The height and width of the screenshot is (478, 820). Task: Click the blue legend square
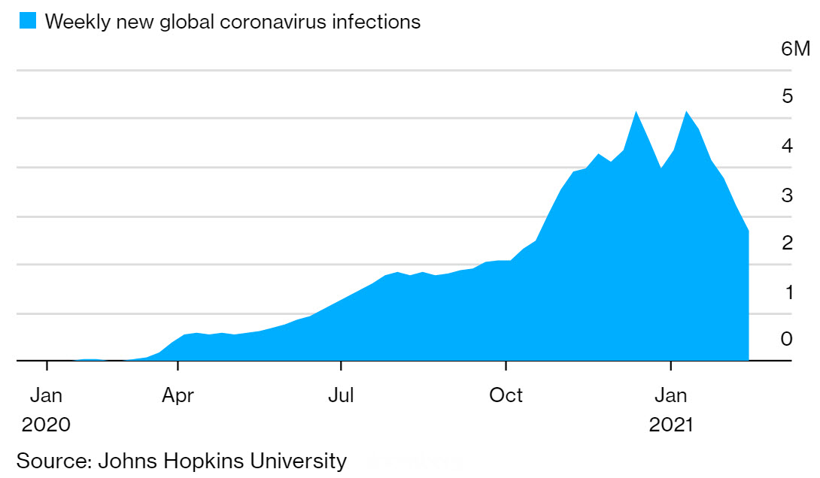[26, 21]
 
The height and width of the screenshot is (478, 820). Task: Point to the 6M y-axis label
[795, 50]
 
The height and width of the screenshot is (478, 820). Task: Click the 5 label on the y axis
[787, 96]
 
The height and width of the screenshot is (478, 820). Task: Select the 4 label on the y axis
[787, 146]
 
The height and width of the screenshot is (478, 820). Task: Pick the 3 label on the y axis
[787, 195]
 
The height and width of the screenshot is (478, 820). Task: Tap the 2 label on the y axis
[787, 243]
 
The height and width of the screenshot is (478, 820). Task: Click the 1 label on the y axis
[787, 292]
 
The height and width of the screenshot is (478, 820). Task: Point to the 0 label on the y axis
[787, 339]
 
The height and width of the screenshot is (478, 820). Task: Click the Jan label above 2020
[46, 395]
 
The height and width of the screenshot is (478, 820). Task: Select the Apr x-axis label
[178, 395]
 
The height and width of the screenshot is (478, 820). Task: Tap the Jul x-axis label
[341, 395]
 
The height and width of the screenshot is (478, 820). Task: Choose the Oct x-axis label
[506, 395]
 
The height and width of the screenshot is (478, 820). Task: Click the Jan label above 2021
[670, 395]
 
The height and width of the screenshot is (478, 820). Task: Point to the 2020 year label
[46, 425]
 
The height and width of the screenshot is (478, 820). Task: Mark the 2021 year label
[670, 425]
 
